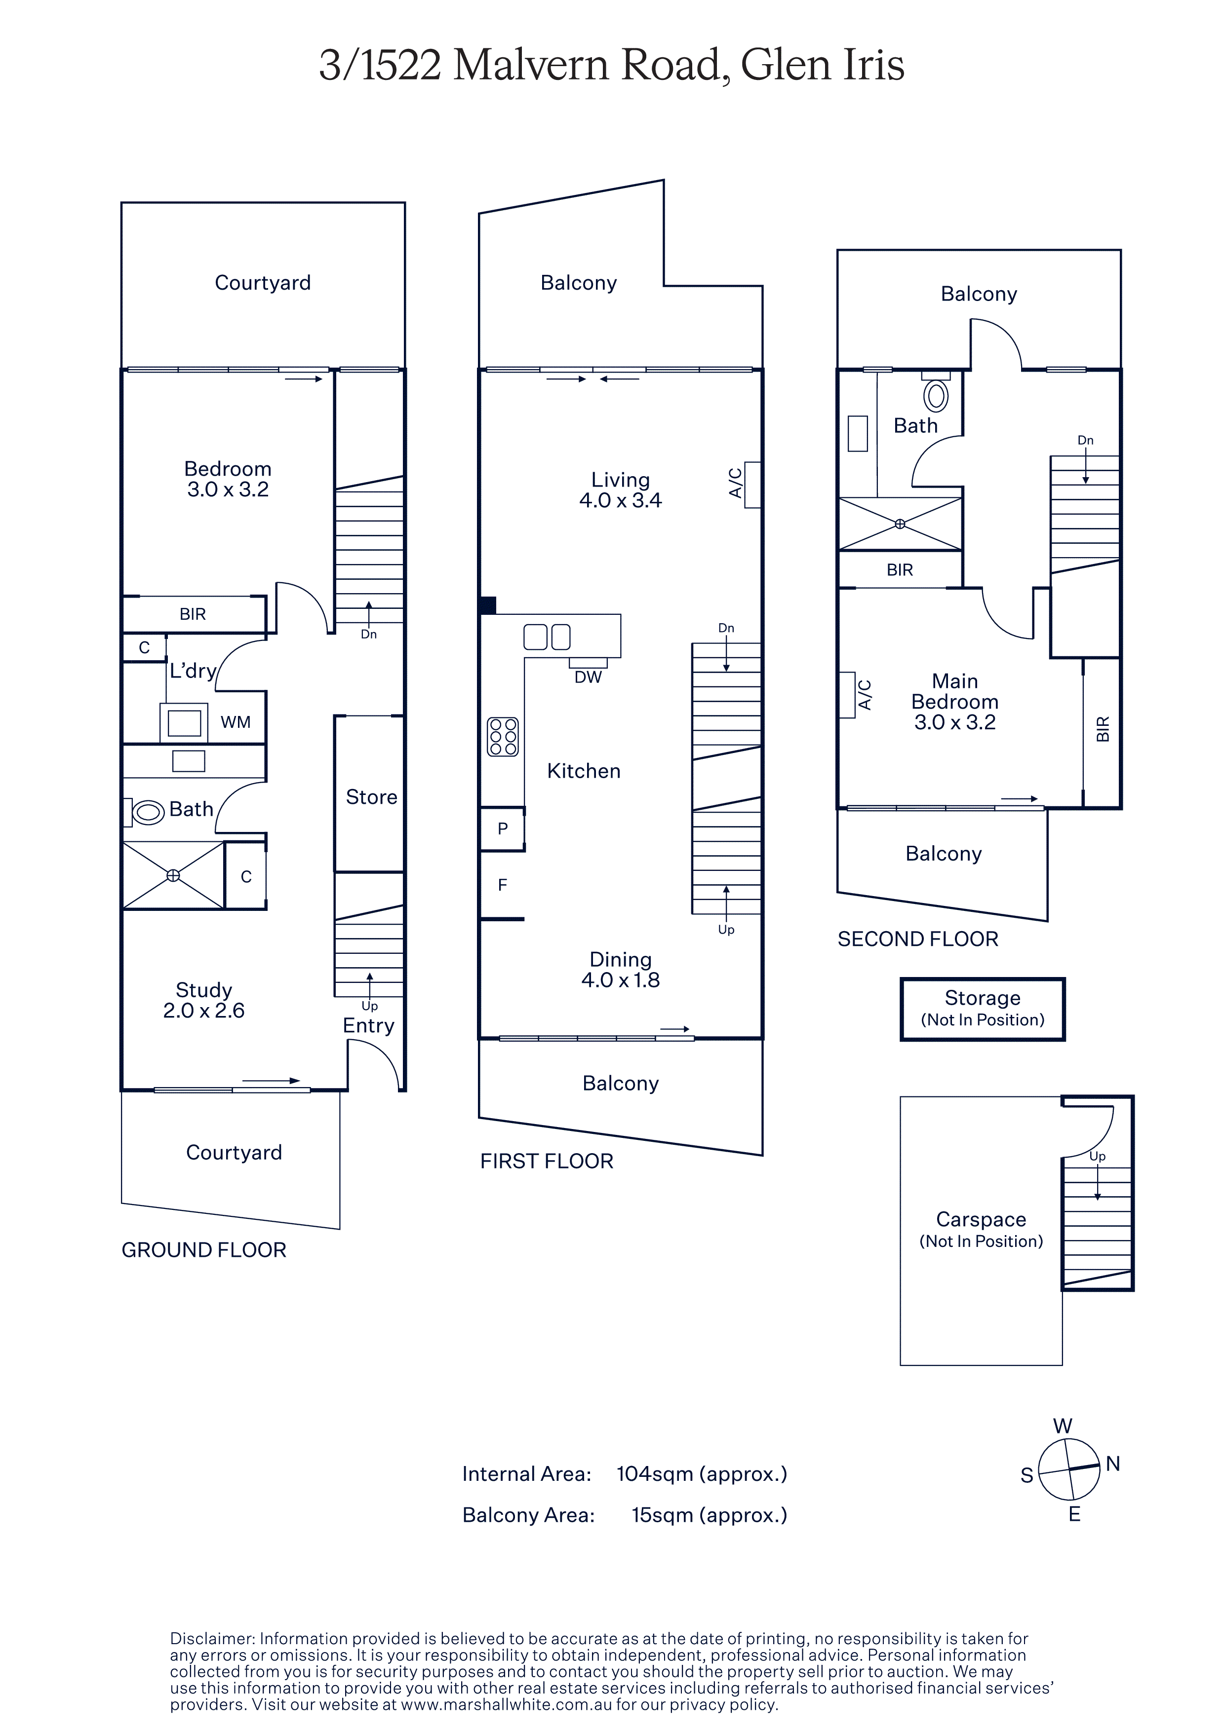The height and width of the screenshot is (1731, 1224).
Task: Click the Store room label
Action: (x=371, y=797)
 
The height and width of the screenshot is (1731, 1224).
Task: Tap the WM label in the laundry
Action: (x=236, y=722)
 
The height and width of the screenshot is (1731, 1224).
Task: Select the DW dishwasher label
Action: (x=588, y=677)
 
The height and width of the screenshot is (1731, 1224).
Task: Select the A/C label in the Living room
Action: (x=735, y=483)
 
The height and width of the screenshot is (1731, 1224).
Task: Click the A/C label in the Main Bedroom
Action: (x=865, y=695)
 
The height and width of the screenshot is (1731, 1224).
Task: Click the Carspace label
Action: (x=981, y=1219)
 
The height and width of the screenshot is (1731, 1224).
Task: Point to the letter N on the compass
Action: (x=1113, y=1464)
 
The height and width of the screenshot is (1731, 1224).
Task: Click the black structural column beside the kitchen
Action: (x=488, y=604)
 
